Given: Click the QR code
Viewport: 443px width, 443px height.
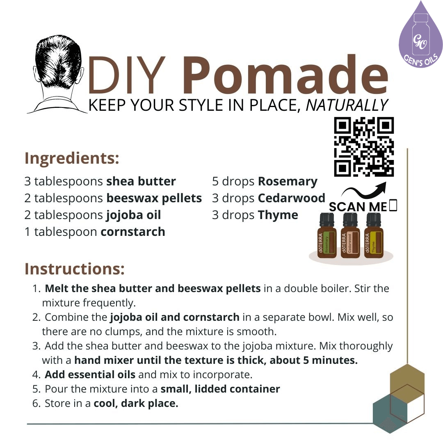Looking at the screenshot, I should click(x=364, y=147).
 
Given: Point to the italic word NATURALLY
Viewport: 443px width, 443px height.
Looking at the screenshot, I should click(x=347, y=105).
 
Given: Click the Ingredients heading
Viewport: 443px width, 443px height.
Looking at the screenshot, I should click(x=72, y=158).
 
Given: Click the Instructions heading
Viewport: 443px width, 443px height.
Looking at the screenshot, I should click(x=74, y=269).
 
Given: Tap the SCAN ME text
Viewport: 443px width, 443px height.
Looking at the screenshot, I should click(x=358, y=207).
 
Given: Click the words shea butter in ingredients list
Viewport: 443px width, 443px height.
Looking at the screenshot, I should click(x=141, y=181).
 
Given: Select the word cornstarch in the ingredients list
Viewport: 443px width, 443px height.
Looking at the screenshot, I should click(x=132, y=232).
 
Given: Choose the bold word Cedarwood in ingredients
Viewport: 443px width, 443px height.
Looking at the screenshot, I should click(x=291, y=198).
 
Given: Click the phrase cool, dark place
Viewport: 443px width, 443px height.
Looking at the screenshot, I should click(x=136, y=403).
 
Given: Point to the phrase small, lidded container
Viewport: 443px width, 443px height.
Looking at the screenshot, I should click(x=220, y=389).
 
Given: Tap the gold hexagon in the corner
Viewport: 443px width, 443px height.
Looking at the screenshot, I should click(x=407, y=379).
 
